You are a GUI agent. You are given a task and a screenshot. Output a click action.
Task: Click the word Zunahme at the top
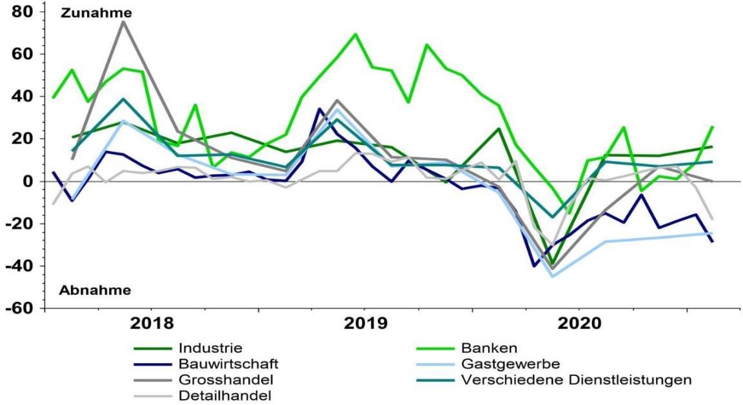pos(96,13)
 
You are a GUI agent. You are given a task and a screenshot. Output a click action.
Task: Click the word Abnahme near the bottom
pos(95,290)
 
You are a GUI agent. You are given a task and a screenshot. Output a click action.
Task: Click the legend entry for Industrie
pos(207,349)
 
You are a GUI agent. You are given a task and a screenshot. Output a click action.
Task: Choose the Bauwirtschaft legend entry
pos(223,364)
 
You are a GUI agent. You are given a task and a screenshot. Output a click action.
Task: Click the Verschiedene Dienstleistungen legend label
pos(576,380)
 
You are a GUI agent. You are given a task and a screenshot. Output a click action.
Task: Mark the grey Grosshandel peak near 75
pos(123,22)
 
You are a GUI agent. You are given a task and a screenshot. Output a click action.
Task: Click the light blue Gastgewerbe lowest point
pos(552,277)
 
